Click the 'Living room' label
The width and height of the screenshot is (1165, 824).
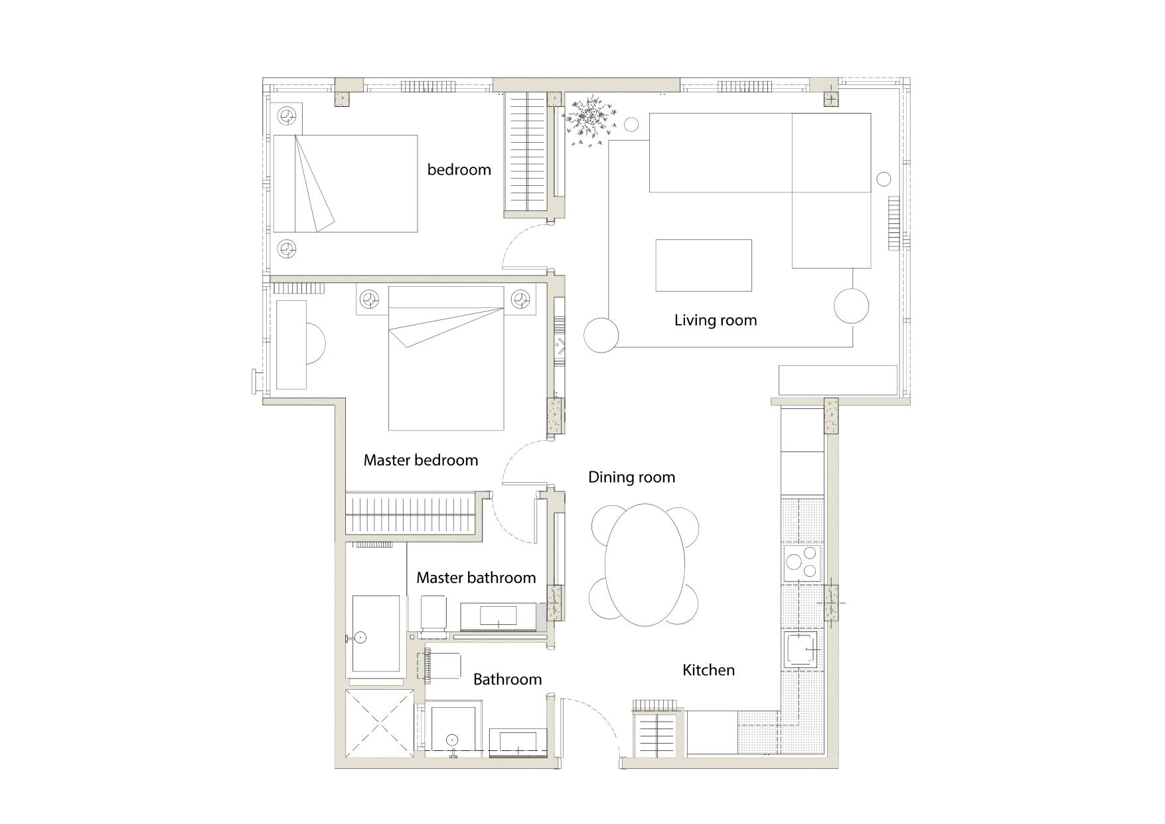pos(715,320)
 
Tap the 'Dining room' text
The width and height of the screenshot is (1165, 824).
pos(631,477)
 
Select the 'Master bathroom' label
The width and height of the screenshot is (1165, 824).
pos(476,578)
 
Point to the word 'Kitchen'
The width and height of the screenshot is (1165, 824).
pos(708,670)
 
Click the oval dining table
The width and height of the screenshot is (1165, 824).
pos(645,565)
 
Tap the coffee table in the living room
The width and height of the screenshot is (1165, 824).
pos(703,265)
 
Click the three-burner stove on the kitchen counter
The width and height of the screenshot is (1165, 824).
pos(803,562)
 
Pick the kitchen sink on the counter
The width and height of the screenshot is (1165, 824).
pos(803,649)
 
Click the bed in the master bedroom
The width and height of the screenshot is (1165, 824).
pos(445,362)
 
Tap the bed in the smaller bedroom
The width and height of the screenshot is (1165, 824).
pos(345,183)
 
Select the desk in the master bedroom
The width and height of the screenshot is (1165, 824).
pos(291,345)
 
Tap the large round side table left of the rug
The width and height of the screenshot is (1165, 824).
pos(601,335)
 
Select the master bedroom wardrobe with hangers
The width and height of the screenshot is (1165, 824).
pos(412,513)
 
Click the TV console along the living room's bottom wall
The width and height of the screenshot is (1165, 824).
pos(837,380)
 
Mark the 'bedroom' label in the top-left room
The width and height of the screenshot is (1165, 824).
pos(459,169)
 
